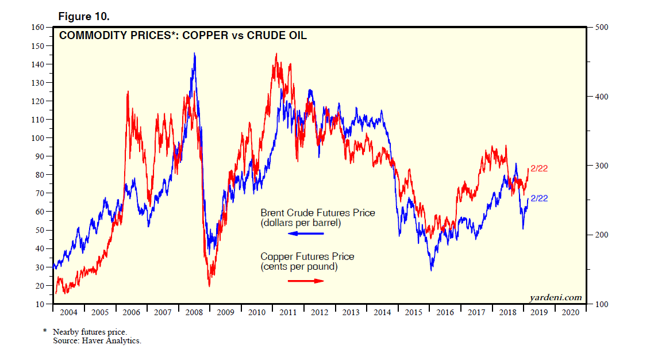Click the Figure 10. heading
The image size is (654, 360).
tap(84, 16)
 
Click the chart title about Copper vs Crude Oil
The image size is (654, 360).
tap(183, 36)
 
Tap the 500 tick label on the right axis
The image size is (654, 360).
tap(601, 27)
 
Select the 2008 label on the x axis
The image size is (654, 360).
tap(194, 312)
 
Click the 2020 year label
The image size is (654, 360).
tap(570, 312)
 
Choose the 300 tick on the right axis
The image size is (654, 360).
tap(601, 166)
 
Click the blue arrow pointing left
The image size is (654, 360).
tap(306, 233)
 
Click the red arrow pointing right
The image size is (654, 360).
tap(306, 281)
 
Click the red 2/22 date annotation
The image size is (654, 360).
tap(538, 168)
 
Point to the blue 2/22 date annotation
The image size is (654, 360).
tap(538, 198)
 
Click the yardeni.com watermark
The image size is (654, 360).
tap(555, 297)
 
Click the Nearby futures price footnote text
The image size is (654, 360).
tap(89, 332)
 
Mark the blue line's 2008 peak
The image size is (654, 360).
tap(194, 53)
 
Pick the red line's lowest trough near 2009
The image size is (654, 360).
tap(209, 286)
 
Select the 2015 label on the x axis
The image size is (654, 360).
tap(414, 312)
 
